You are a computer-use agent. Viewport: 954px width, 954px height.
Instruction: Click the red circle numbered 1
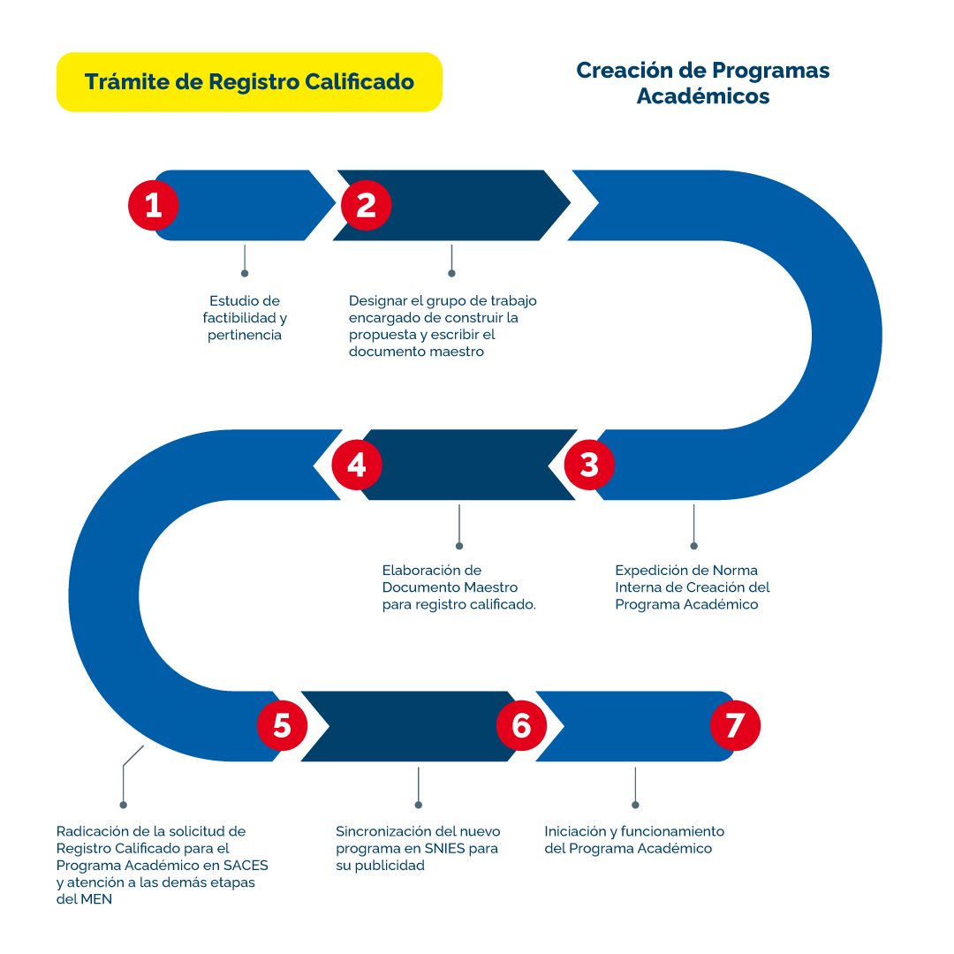pyautogui.click(x=154, y=206)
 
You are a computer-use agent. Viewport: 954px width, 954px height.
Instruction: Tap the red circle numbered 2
pyautogui.click(x=366, y=206)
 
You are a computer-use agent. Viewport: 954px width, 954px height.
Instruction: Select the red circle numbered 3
pyautogui.click(x=589, y=465)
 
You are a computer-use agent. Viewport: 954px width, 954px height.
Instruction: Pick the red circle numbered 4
pyautogui.click(x=357, y=465)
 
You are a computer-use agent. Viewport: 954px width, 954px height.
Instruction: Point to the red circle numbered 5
pyautogui.click(x=282, y=726)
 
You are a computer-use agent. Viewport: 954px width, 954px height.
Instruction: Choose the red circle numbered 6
pyautogui.click(x=521, y=726)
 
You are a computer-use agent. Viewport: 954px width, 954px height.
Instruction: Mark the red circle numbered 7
pyautogui.click(x=735, y=726)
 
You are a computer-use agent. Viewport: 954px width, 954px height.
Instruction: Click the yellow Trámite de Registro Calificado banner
pyautogui.click(x=249, y=82)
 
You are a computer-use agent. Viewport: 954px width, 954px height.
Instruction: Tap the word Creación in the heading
pyautogui.click(x=617, y=70)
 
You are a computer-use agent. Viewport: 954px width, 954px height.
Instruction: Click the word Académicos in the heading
pyautogui.click(x=703, y=96)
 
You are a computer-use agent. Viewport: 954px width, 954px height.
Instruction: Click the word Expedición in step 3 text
pyautogui.click(x=649, y=570)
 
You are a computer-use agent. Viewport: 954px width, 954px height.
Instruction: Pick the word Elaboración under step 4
pyautogui.click(x=420, y=570)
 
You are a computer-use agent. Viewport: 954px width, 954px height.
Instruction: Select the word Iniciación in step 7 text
pyautogui.click(x=577, y=831)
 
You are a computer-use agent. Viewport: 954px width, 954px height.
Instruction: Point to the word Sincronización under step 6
pyautogui.click(x=384, y=831)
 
